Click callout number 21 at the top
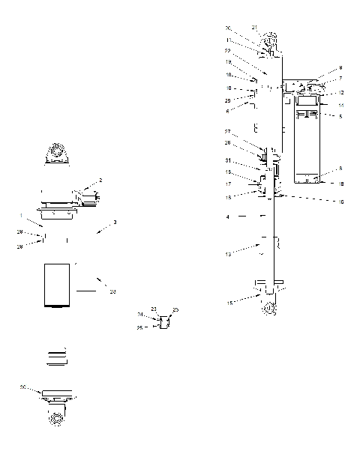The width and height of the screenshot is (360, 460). coord(255,28)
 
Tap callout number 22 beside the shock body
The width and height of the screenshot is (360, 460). coord(227,51)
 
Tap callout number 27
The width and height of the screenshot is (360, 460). coord(228,131)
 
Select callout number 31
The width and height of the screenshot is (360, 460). coord(228,160)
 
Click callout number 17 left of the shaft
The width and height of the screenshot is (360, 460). coord(228,183)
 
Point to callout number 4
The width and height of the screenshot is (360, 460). coord(228,216)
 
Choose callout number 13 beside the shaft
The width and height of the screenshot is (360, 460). coord(228,254)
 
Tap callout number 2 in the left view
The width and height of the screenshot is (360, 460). coord(101,181)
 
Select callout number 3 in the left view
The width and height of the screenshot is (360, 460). coord(115,223)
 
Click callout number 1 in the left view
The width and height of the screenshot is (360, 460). coord(22,216)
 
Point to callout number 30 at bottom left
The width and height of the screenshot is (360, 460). coord(23,387)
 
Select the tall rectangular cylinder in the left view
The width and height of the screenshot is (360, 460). coord(58,285)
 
